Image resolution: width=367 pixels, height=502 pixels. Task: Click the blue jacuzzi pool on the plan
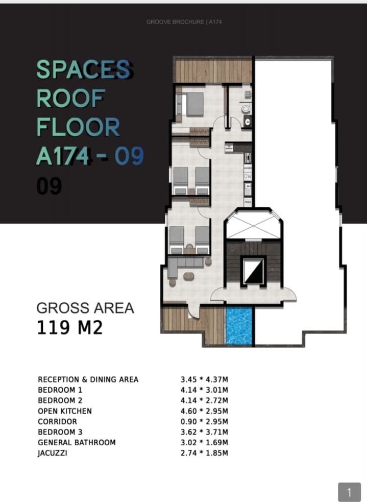click(x=239, y=326)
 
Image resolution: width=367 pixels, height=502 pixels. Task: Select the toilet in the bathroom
click(x=246, y=109)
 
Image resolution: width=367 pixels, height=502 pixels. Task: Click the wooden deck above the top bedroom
click(x=213, y=71)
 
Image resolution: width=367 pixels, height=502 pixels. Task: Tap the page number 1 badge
click(x=350, y=492)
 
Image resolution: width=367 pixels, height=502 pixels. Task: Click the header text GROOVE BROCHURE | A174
click(x=184, y=22)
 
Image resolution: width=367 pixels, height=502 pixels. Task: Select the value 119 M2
click(x=70, y=327)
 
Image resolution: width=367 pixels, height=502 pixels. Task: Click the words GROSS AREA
click(x=85, y=308)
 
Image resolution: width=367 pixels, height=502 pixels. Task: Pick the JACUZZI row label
click(x=53, y=453)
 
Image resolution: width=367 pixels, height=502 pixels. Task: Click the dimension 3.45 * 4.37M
click(x=204, y=379)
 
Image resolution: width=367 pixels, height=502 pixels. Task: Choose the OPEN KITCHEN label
click(x=65, y=411)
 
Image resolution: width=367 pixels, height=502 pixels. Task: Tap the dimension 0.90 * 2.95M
click(x=204, y=422)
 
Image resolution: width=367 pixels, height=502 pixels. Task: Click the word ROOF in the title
click(x=71, y=98)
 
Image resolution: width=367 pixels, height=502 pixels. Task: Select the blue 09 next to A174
click(x=129, y=156)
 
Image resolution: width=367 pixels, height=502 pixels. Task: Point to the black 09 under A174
click(x=49, y=186)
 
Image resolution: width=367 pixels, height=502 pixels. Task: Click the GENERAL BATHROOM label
click(x=77, y=442)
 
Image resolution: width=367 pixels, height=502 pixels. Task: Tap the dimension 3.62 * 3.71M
click(x=204, y=432)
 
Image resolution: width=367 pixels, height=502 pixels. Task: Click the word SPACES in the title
click(x=84, y=69)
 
